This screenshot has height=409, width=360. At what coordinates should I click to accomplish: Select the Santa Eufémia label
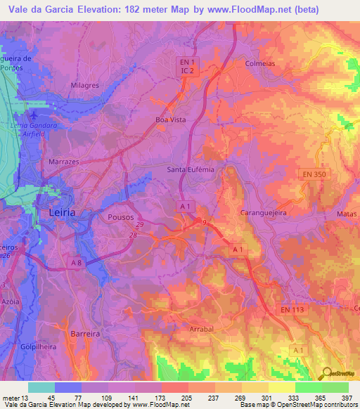190,169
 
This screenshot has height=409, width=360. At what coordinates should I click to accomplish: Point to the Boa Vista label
170,120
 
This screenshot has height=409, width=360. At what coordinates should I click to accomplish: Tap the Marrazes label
63,160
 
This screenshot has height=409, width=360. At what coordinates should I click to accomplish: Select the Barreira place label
86,335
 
